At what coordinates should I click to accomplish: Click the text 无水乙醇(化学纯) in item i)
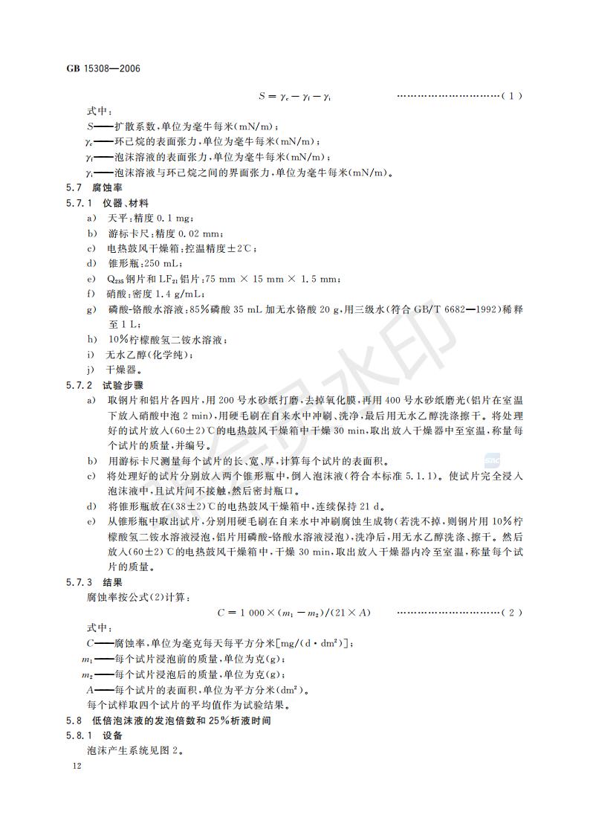point(140,355)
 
